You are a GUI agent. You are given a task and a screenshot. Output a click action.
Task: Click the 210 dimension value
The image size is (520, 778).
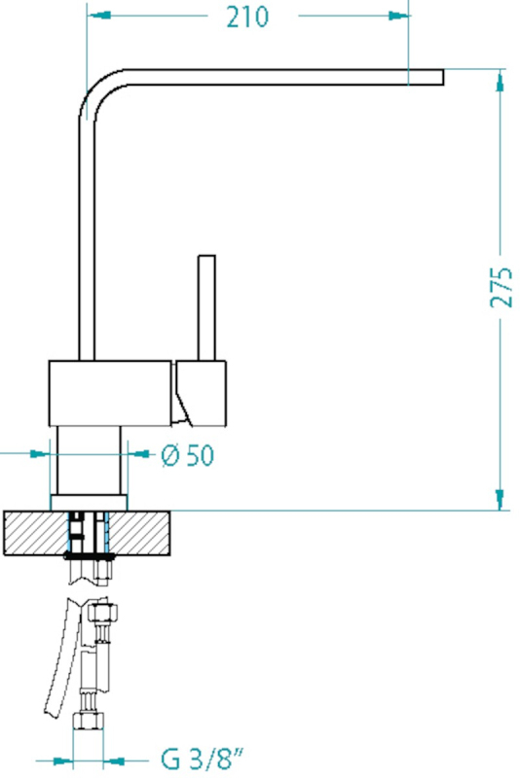247,17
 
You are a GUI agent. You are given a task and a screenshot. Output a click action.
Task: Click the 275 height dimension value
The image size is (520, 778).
501,287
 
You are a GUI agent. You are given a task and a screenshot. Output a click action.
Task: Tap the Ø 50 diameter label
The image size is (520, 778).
188,455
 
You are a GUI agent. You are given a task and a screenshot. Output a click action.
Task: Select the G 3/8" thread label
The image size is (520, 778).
203,760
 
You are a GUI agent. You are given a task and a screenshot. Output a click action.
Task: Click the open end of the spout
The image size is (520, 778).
442,78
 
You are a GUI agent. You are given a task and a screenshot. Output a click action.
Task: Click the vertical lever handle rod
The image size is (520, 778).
206,307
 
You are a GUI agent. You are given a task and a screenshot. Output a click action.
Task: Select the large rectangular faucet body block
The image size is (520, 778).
110,393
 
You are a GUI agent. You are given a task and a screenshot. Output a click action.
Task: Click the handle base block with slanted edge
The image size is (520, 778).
201,393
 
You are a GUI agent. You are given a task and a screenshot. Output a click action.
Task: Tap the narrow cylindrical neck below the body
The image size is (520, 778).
89,460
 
